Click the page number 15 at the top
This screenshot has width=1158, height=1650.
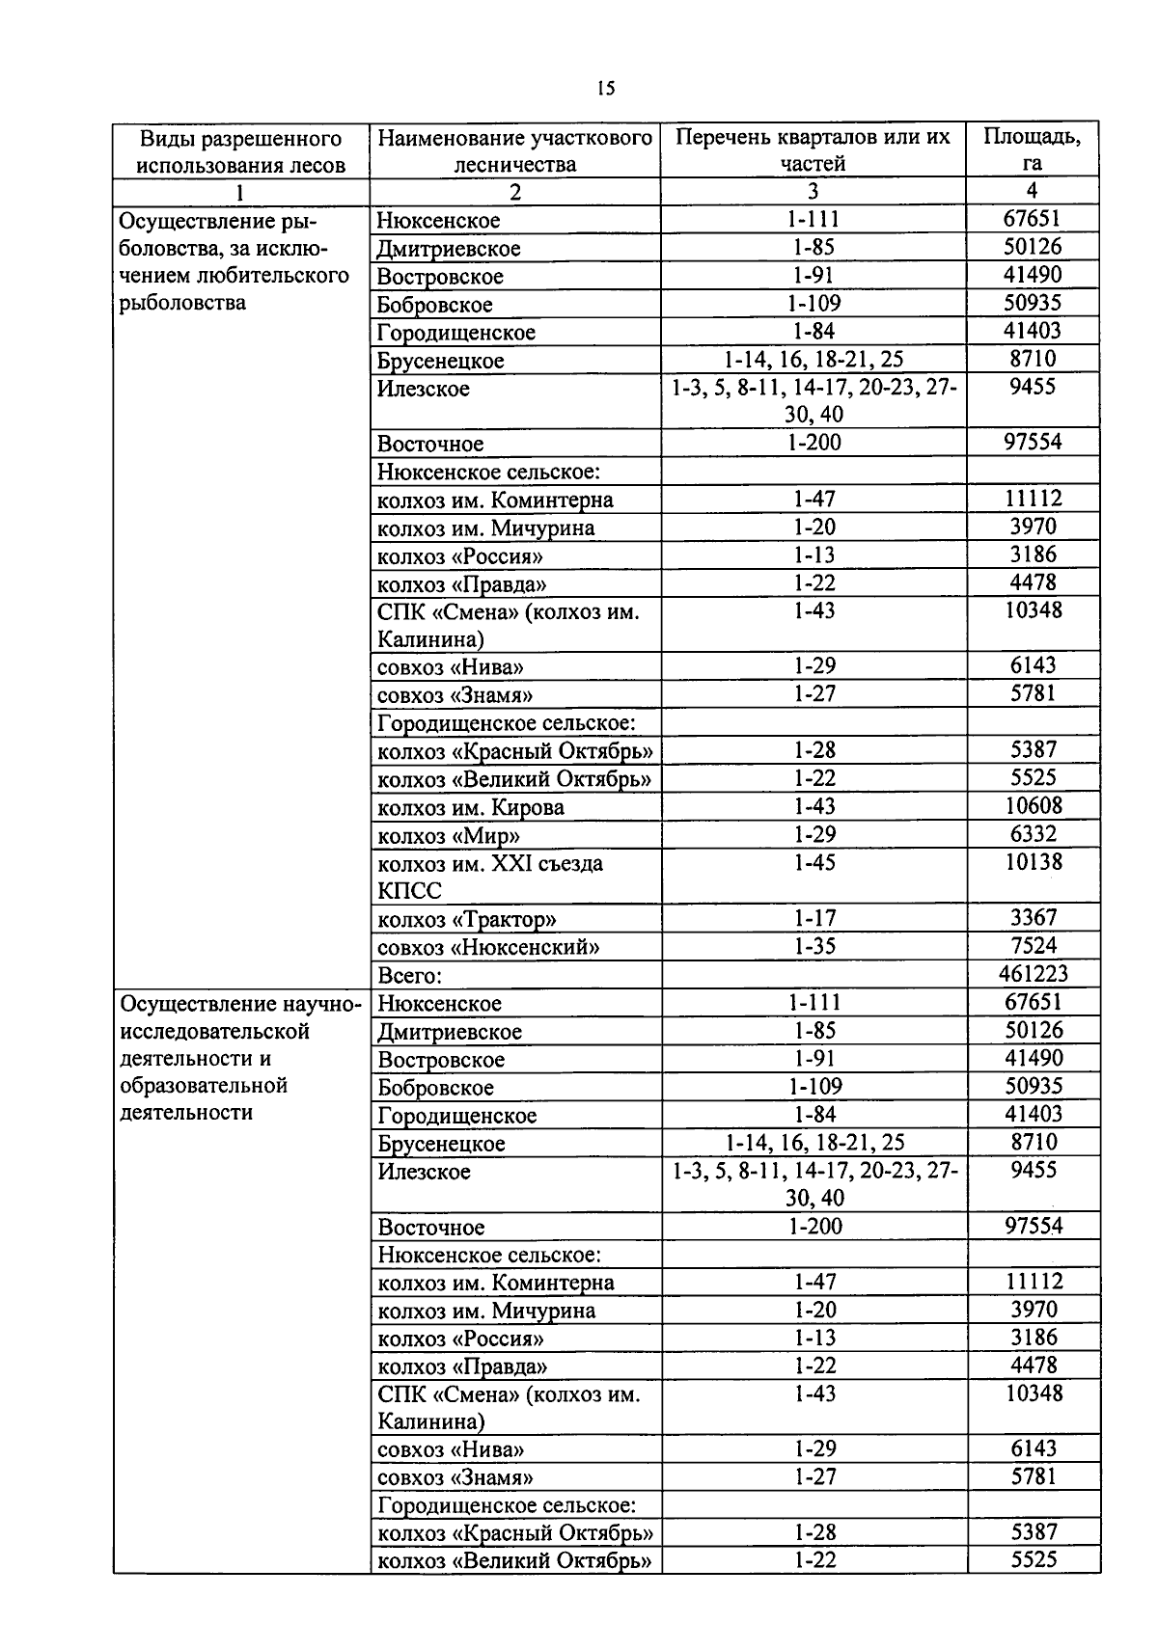click(605, 89)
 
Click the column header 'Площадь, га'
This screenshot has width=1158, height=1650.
click(1032, 149)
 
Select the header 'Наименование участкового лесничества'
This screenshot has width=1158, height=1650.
click(515, 150)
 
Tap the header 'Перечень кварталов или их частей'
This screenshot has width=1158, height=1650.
click(813, 149)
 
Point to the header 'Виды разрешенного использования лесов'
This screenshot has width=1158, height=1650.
click(240, 150)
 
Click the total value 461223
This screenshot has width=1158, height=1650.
click(1034, 974)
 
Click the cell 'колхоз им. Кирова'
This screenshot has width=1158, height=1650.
click(471, 807)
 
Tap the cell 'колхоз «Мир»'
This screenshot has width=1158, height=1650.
click(449, 835)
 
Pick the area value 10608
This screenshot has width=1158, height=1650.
click(1034, 805)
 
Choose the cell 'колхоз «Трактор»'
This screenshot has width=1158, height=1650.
click(467, 919)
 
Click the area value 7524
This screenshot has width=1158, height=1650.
click(1034, 946)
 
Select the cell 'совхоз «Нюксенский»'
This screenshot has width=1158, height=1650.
click(488, 947)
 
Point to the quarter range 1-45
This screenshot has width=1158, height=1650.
click(813, 862)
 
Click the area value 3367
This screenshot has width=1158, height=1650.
click(1034, 918)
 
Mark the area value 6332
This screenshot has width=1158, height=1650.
click(1034, 833)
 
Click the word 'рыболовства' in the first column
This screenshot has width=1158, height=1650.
click(183, 303)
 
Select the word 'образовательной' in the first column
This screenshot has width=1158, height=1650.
click(204, 1086)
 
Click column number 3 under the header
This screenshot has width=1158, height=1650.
click(813, 191)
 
